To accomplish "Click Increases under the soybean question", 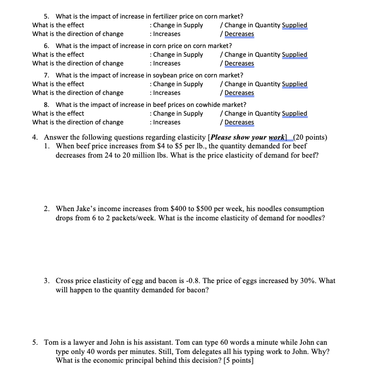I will [x=167, y=93].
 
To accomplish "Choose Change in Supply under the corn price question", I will [x=178, y=55].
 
